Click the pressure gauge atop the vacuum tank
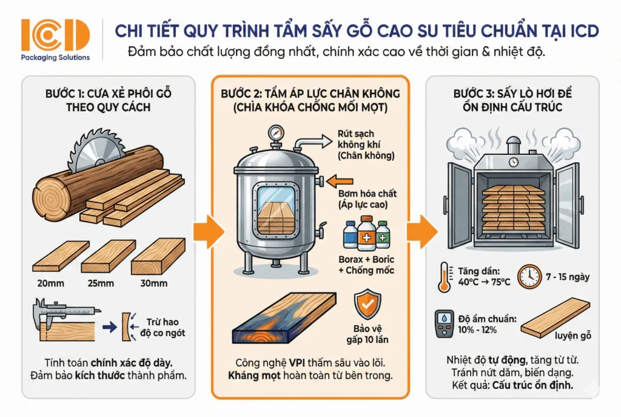click(x=277, y=133)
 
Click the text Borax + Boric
click(x=366, y=260)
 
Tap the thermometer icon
click(x=443, y=277)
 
